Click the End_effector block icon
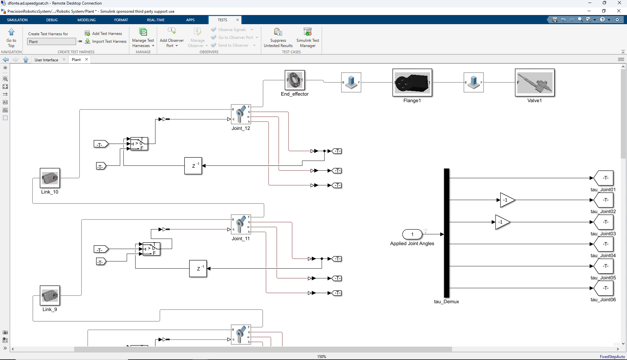(x=295, y=80)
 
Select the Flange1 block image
(x=412, y=83)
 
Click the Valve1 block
(x=535, y=83)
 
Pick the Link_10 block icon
(x=50, y=178)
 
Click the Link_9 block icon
(x=50, y=296)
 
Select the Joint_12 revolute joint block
(x=241, y=114)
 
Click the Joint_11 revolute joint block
(x=241, y=225)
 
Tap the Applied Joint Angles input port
(x=412, y=234)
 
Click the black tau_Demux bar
(x=446, y=233)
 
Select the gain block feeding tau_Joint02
(x=507, y=200)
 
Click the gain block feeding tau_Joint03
(x=502, y=222)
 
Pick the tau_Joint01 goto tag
(x=603, y=178)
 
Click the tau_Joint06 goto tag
(x=603, y=288)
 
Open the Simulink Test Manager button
(x=308, y=38)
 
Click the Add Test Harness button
(x=104, y=33)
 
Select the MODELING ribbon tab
(x=87, y=20)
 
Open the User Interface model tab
(x=46, y=60)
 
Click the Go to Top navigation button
(x=11, y=38)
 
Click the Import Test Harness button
(x=106, y=41)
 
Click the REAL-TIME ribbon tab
(x=156, y=20)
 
